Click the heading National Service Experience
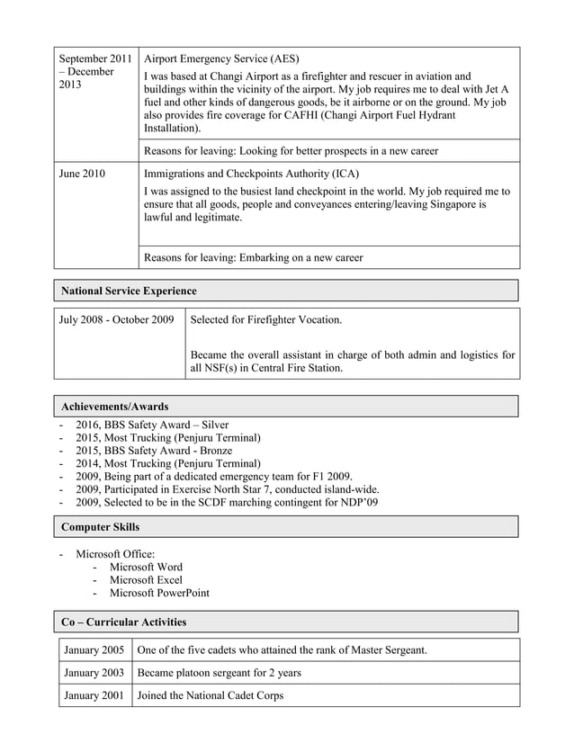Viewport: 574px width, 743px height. [128, 291]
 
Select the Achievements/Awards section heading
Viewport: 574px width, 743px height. [114, 407]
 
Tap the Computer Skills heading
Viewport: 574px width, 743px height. [100, 527]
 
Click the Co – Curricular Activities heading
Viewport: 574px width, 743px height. [123, 622]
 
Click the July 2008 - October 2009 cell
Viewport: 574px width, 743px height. [116, 319]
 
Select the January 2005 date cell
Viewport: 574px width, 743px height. [94, 649]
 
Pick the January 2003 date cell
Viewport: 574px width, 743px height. [94, 672]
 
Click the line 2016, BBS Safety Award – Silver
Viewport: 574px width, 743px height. [152, 425]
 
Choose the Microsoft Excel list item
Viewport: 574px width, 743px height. [146, 580]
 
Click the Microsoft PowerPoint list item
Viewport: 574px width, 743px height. [159, 593]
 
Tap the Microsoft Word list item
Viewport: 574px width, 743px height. [146, 567]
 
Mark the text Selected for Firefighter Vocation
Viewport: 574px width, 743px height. [266, 319]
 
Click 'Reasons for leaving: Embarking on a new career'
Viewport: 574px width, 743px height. [254, 257]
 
